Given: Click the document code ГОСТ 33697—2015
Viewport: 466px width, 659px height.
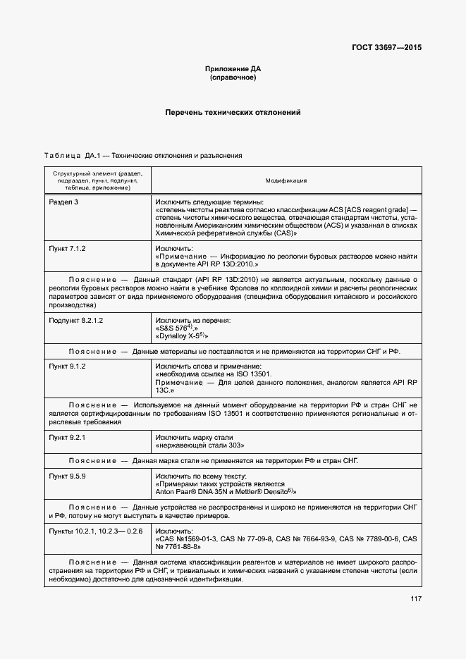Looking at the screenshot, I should point(386,47).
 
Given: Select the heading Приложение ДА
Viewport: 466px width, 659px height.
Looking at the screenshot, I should point(233,68).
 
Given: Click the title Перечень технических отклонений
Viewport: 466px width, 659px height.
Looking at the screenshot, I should point(233,112).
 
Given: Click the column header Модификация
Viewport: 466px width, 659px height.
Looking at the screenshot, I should point(286,180).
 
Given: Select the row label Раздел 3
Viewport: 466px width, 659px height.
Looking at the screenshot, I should point(63,202).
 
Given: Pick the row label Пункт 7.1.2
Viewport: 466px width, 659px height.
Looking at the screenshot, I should point(67,249).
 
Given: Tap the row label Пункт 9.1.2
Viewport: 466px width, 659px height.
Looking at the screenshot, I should point(67,367).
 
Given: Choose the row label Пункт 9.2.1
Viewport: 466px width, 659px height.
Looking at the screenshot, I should point(67,438).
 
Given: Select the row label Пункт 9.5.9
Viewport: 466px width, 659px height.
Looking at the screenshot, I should point(67,476).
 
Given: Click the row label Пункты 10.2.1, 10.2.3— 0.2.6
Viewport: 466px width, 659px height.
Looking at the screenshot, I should point(96,530).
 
